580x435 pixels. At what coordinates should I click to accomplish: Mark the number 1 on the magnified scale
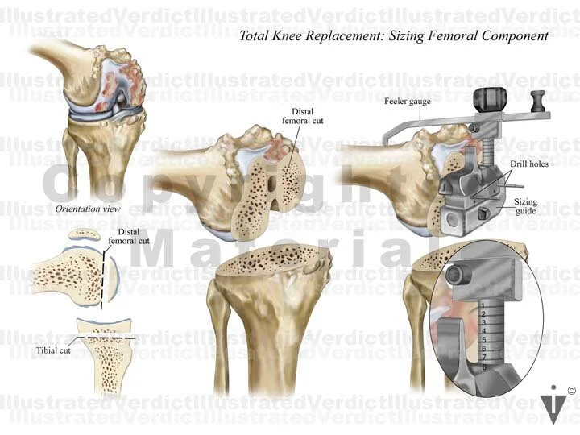[x=481, y=304]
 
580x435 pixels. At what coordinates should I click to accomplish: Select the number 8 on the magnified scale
[x=482, y=367]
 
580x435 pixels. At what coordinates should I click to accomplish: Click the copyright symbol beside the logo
[x=571, y=391]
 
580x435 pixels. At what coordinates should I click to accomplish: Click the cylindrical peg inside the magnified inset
[x=455, y=275]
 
